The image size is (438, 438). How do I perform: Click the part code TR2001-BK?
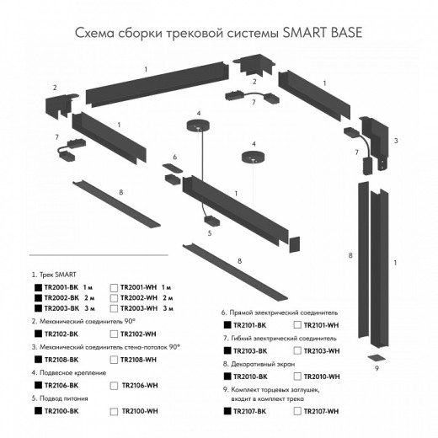click(x=63, y=287)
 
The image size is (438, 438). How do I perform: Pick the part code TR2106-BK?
click(x=63, y=386)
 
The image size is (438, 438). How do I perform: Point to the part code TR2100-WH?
click(x=139, y=411)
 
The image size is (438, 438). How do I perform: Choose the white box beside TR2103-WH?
click(x=298, y=350)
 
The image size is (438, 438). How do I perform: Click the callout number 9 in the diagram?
click(x=377, y=368)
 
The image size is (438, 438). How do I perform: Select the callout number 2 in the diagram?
click(x=55, y=88)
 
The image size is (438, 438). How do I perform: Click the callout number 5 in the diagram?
click(x=209, y=232)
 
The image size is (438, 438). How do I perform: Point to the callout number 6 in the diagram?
click(x=174, y=158)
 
